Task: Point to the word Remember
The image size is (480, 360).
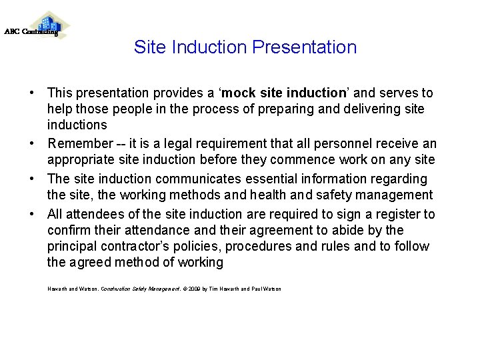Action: click(x=80, y=143)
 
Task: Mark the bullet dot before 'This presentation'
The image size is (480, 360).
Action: click(x=32, y=93)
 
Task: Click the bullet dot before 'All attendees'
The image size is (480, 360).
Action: click(x=32, y=214)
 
